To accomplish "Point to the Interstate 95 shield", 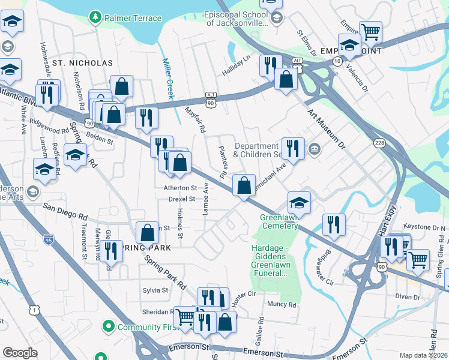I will pos(49,240).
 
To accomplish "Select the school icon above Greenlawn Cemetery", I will pos(299,202).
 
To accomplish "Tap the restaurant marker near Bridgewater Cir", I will pos(334,224).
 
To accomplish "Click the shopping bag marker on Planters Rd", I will pos(244,185).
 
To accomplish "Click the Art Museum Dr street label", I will pos(327,130).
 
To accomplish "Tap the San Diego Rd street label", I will pos(65,211).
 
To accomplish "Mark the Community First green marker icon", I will pos(109,327).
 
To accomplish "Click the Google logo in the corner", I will pos(20,353).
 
